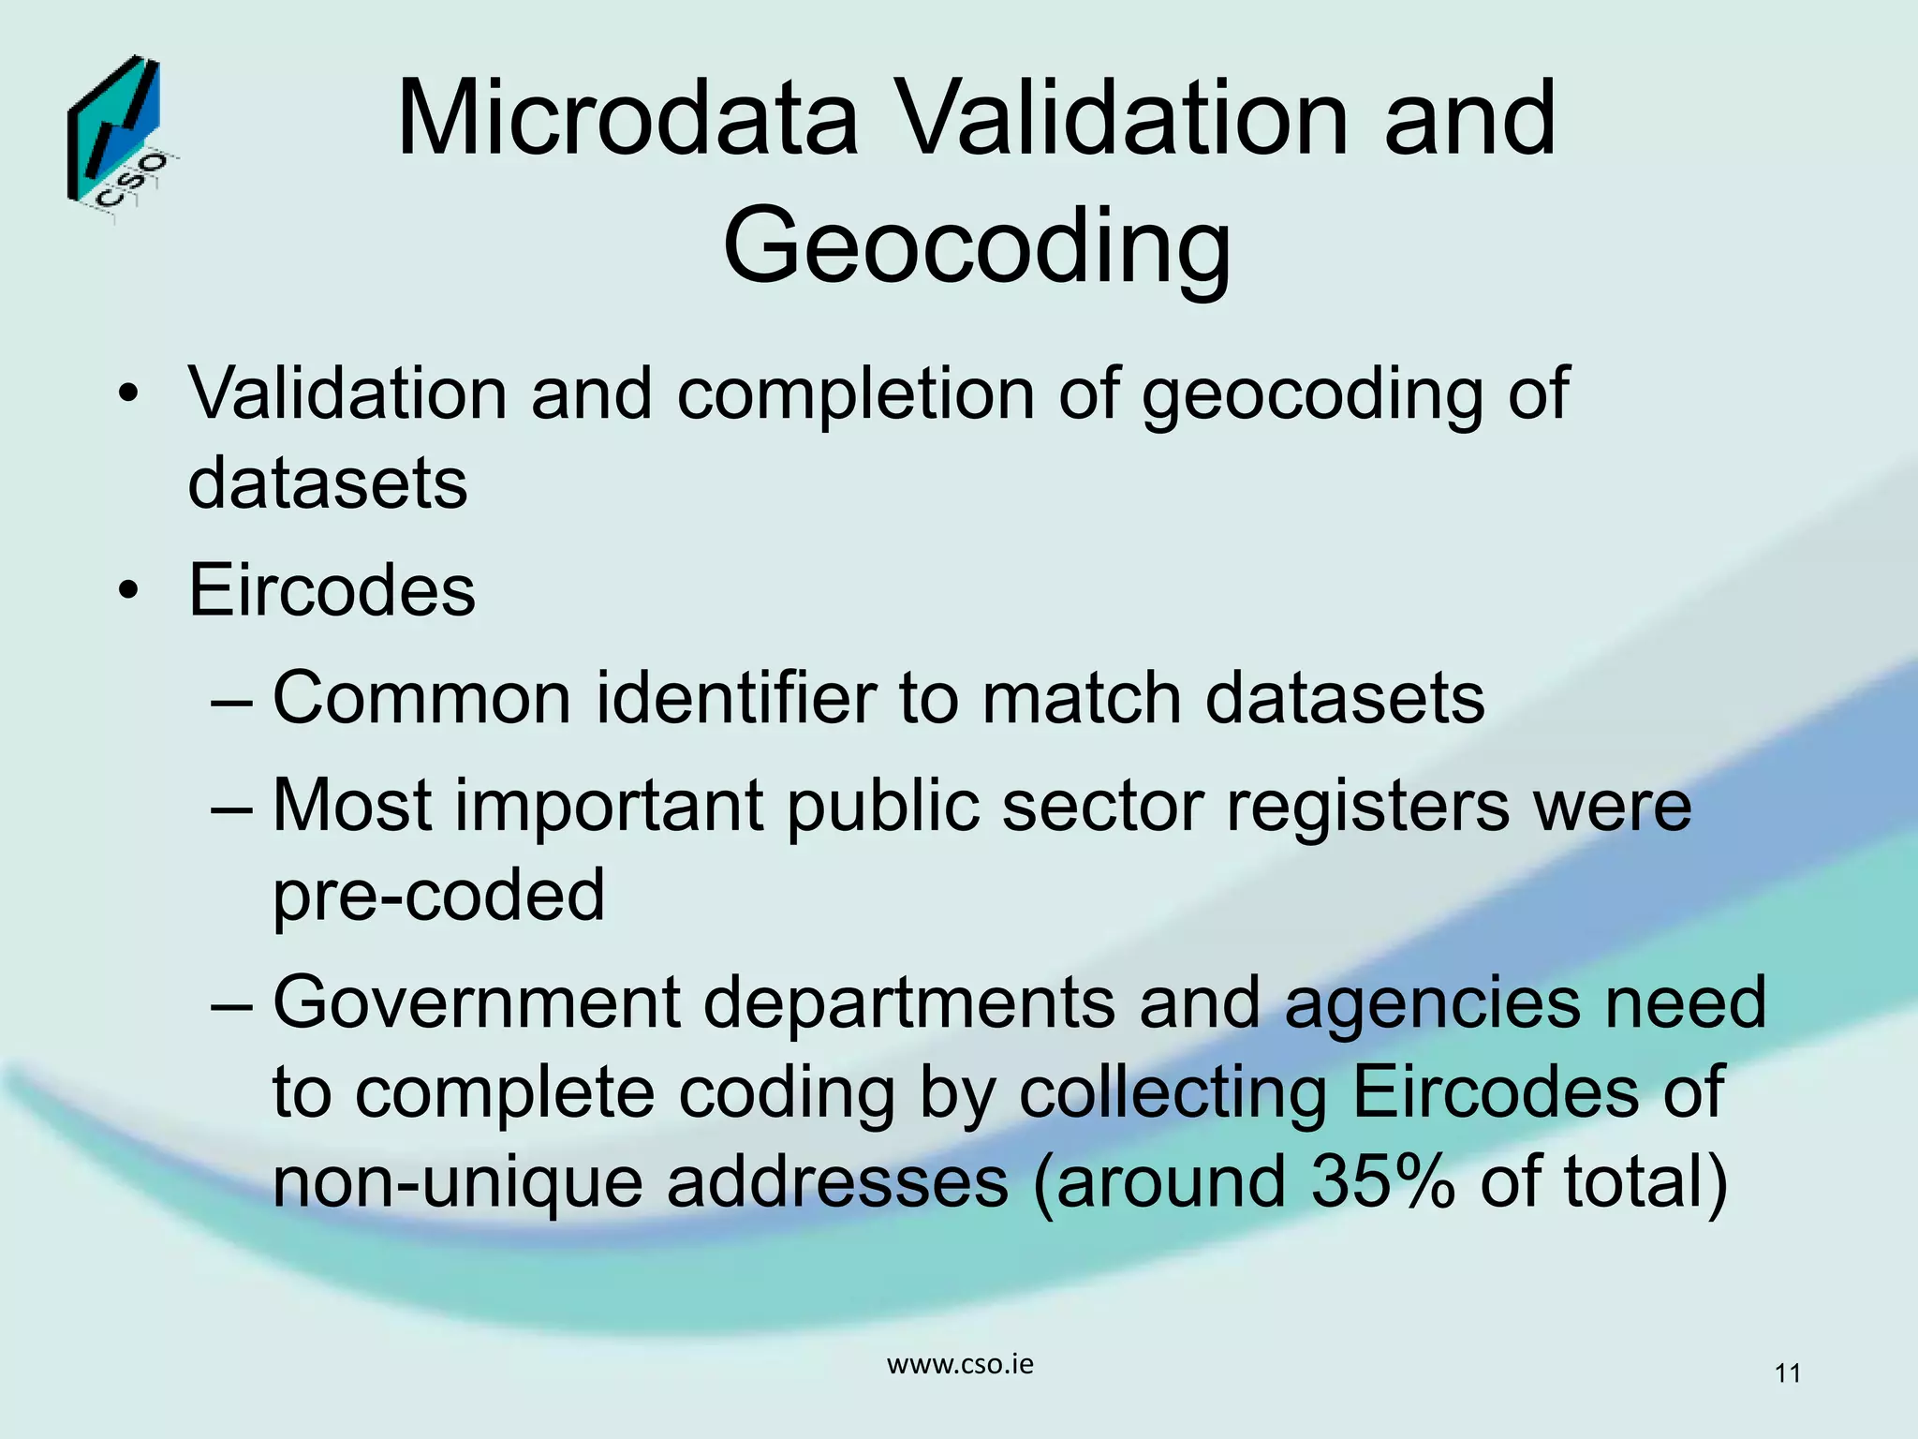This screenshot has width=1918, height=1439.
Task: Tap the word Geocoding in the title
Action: (x=977, y=246)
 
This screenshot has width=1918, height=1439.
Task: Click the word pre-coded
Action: (x=438, y=895)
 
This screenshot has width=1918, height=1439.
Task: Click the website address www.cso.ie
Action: (x=960, y=1364)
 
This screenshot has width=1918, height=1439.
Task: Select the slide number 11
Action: (x=1787, y=1373)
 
